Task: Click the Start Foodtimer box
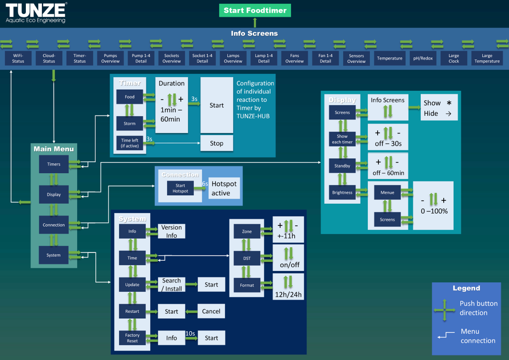pyautogui.click(x=255, y=10)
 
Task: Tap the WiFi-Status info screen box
pyautogui.click(x=18, y=59)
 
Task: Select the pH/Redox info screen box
pyautogui.click(x=423, y=59)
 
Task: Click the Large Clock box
pyautogui.click(x=453, y=59)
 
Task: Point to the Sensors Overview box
pyautogui.click(x=356, y=59)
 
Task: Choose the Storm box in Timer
pyautogui.click(x=129, y=124)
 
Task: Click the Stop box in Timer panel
pyautogui.click(x=216, y=143)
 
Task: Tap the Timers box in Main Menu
pyautogui.click(x=53, y=164)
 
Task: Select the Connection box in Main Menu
pyautogui.click(x=53, y=225)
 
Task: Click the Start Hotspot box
pyautogui.click(x=180, y=188)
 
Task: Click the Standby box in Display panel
pyautogui.click(x=342, y=166)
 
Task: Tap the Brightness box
pyautogui.click(x=342, y=192)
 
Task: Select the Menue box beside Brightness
pyautogui.click(x=387, y=192)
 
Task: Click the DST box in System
pyautogui.click(x=247, y=258)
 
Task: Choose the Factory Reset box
pyautogui.click(x=132, y=338)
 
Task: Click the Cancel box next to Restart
pyautogui.click(x=211, y=311)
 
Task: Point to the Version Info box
pyautogui.click(x=171, y=231)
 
